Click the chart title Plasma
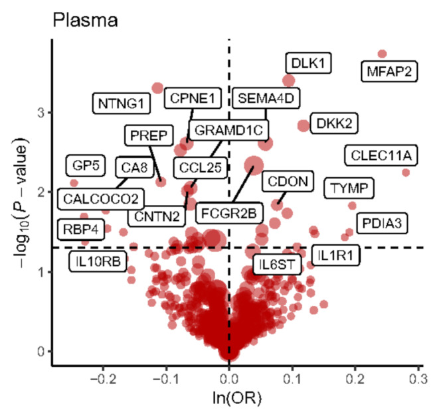tap(85, 21)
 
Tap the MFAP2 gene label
tap(389, 72)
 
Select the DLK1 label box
tap(308, 63)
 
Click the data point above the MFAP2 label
tap(382, 54)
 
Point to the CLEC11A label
tap(381, 155)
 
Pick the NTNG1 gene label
tap(122, 103)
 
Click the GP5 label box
tap(86, 165)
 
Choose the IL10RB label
tap(98, 261)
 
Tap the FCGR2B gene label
tap(229, 213)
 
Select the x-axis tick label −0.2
tap(103, 379)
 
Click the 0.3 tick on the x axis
tap(418, 379)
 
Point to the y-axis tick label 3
tap(41, 113)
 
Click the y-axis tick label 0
tap(41, 352)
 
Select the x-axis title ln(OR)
tap(237, 398)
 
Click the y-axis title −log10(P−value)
tap(21, 203)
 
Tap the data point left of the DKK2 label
tap(303, 125)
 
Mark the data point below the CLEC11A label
tap(406, 172)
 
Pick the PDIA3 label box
tap(382, 223)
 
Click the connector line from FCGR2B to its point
tap(243, 184)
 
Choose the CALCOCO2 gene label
tap(101, 199)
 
